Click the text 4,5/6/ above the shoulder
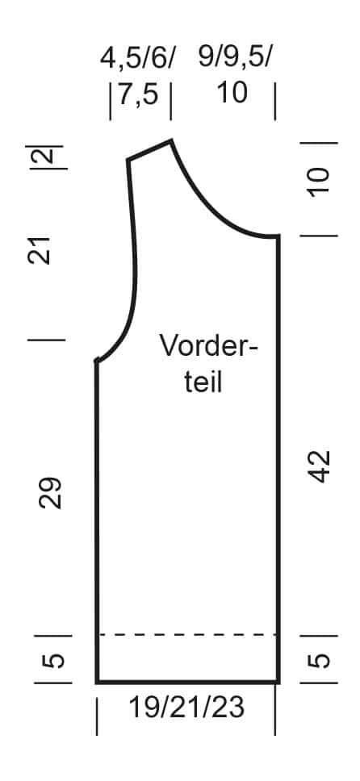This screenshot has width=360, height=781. pos(137,58)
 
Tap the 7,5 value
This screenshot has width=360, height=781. pos(138,94)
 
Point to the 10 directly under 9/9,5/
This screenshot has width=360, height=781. pos(232,93)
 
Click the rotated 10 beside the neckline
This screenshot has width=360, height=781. pos(319,182)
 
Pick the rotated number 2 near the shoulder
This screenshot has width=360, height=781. pos(46,157)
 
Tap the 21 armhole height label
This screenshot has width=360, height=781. pos(40,251)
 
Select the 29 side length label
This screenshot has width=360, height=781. pos(50,493)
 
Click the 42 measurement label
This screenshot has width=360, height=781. pos(319,466)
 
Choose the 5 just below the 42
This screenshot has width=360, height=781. pos(319,660)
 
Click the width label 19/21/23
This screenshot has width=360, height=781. pos(187,708)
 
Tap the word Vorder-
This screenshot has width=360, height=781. pos(209,345)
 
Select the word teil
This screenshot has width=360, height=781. pos(203,382)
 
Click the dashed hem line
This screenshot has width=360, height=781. pos(187,634)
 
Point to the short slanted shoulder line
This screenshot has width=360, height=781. pos(149,150)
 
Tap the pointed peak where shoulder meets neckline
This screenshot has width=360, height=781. pos(171,141)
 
